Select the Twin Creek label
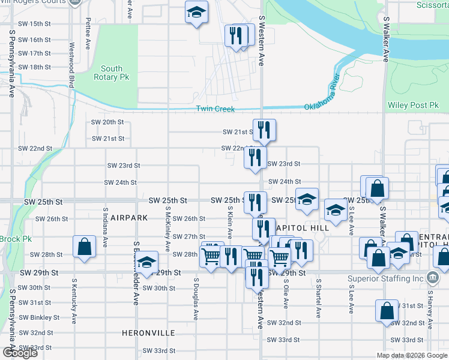pos(215,109)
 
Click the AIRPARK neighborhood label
pos(128,217)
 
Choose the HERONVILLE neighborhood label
pos(148,332)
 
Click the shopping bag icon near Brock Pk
pos(84,247)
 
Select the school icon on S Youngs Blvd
pos(146,262)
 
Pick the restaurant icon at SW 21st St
pos(264,130)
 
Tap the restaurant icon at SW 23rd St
pos(255,158)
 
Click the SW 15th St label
pos(34,24)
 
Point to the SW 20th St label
pos(109,122)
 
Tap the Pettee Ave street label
pos(88,33)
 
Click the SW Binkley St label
pos(39,317)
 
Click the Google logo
pos(20,353)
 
